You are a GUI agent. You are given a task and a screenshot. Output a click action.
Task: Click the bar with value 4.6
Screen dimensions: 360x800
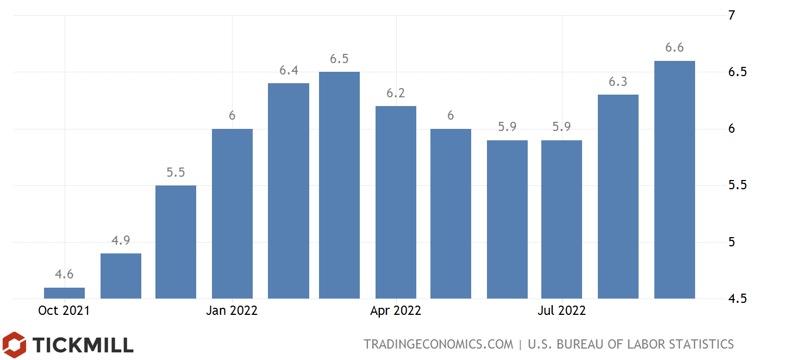pos(64,293)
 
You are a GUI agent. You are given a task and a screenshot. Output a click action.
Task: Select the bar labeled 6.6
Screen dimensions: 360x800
pos(674,179)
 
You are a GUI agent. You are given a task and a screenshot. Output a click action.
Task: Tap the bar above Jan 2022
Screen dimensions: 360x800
pos(232,214)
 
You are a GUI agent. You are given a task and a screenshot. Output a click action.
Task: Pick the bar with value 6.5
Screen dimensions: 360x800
pos(339,185)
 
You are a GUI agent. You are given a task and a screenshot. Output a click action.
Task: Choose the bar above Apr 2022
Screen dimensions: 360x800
pos(396,202)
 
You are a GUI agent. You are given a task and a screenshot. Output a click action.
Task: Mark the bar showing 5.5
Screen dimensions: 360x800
pos(176,242)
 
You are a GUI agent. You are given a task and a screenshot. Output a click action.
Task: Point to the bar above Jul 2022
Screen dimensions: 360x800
pos(561,219)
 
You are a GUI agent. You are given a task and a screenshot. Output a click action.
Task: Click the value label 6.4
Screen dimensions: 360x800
pos(289,70)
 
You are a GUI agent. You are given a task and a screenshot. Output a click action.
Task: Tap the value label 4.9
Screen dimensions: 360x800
pos(121,240)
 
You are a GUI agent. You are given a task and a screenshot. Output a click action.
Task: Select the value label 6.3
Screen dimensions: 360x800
pos(618,82)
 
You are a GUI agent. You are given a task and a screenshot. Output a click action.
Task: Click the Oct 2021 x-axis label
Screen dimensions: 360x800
pos(64,311)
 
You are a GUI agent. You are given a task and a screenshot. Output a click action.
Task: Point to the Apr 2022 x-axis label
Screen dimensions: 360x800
pos(396,311)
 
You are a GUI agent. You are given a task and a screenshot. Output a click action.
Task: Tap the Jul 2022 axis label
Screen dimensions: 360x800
pos(561,311)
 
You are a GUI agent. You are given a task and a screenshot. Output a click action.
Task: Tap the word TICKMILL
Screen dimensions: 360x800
pos(83,345)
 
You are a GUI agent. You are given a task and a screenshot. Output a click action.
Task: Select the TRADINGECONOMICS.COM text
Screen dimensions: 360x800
pos(438,344)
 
